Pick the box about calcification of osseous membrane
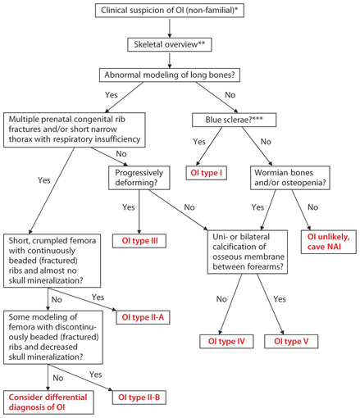259,249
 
